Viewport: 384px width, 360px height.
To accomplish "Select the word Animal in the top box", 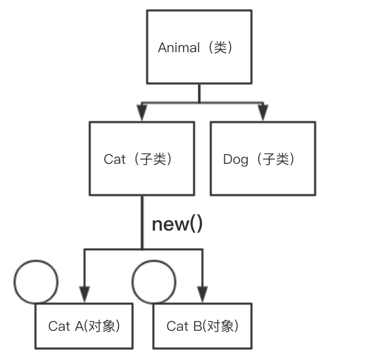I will tap(179, 48).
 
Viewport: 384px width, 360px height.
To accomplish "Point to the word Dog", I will tap(235, 160).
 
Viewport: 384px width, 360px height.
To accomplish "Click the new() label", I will tap(177, 224).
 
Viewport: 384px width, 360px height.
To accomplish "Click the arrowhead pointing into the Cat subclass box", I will tap(142, 113).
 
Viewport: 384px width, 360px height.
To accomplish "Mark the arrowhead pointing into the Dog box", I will tap(262, 113).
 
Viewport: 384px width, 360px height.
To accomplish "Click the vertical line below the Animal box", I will tap(199, 93).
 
